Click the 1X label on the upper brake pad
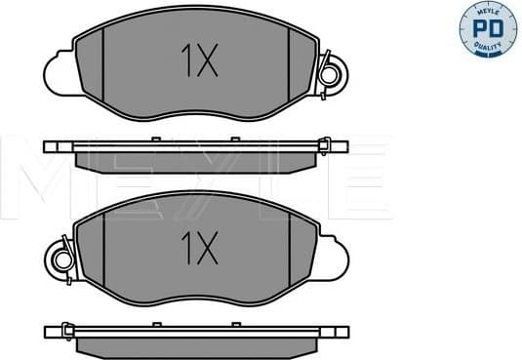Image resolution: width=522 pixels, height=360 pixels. point(197,62)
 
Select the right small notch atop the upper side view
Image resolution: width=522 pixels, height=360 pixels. point(234,140)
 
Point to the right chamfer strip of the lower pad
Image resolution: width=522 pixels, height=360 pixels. point(310,252)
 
